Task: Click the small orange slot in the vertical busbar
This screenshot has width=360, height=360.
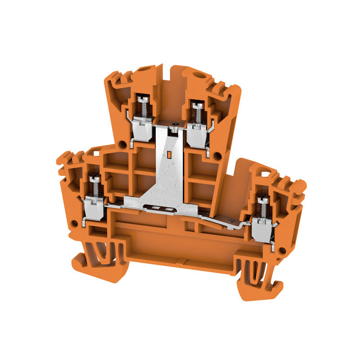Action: tap(169, 156)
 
